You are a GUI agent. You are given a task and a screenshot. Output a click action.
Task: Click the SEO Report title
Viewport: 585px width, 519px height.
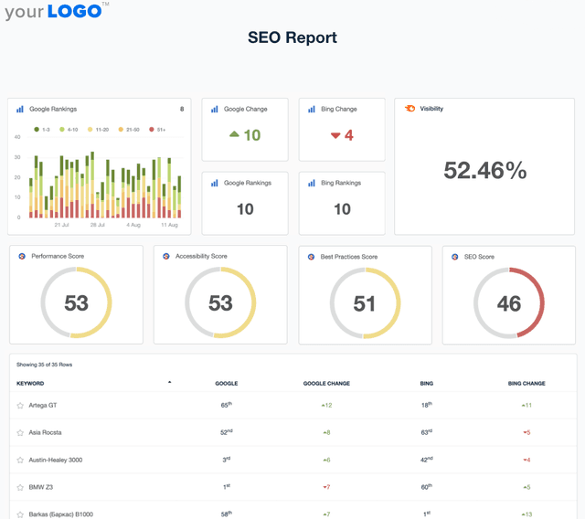[292, 37]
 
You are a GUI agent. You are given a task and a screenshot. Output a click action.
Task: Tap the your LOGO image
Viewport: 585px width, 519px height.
[57, 12]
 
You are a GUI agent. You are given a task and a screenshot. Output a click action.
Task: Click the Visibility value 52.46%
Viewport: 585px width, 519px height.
[484, 170]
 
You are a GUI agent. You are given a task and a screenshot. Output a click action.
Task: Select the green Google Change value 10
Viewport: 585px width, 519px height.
[245, 135]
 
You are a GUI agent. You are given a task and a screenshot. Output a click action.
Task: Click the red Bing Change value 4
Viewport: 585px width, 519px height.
[342, 135]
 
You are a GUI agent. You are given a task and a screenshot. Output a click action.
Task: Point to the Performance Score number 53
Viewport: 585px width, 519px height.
[76, 303]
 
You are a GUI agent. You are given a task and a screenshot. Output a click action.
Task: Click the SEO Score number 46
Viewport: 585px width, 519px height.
[508, 303]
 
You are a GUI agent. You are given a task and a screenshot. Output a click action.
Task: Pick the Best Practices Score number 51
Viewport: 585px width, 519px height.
[364, 303]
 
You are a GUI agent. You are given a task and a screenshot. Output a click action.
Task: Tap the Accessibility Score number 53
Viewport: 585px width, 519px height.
[220, 303]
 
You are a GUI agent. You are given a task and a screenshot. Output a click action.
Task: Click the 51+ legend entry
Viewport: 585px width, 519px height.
[161, 130]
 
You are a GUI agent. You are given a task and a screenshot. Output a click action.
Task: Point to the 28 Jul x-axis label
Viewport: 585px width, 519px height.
[97, 224]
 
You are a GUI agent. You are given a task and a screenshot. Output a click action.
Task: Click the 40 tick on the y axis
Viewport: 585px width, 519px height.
[16, 137]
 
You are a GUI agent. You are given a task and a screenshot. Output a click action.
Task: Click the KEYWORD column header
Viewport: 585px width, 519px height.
[30, 384]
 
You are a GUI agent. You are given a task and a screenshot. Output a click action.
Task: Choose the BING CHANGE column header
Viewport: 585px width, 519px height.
[526, 384]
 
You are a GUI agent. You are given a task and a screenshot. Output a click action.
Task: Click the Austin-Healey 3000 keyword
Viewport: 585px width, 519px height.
[55, 460]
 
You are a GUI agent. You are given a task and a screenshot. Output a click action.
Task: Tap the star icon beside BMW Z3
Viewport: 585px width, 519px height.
[20, 487]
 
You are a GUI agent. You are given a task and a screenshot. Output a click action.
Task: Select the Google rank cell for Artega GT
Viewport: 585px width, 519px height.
[226, 404]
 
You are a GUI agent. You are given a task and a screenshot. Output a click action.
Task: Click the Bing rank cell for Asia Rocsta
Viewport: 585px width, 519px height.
[426, 432]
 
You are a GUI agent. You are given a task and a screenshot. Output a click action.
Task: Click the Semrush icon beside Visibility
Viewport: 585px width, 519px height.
[410, 109]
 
